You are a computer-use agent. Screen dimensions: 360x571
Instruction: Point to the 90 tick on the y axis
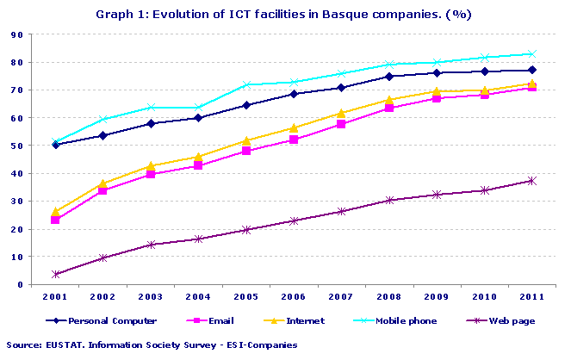pyautogui.click(x=16, y=34)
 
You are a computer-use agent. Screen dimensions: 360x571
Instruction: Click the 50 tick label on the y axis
pyautogui.click(x=16, y=146)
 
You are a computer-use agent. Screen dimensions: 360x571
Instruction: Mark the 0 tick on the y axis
pyautogui.click(x=19, y=284)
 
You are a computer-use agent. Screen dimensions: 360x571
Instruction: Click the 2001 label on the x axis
pyautogui.click(x=55, y=296)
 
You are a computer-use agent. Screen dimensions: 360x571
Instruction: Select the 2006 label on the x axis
pyautogui.click(x=294, y=296)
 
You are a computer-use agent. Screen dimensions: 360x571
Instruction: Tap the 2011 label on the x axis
pyautogui.click(x=531, y=296)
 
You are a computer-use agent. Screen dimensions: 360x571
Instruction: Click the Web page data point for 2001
pyautogui.click(x=55, y=274)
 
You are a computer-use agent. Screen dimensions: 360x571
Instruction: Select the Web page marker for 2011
pyautogui.click(x=531, y=181)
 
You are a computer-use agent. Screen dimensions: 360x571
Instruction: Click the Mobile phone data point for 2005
pyautogui.click(x=245, y=85)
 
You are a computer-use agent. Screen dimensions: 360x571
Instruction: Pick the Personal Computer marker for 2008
pyautogui.click(x=388, y=77)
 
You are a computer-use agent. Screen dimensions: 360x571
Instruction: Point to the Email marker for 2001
pyautogui.click(x=55, y=220)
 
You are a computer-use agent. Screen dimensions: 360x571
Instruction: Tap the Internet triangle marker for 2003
pyautogui.click(x=151, y=165)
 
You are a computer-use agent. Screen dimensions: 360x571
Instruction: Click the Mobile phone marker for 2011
pyautogui.click(x=531, y=54)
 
